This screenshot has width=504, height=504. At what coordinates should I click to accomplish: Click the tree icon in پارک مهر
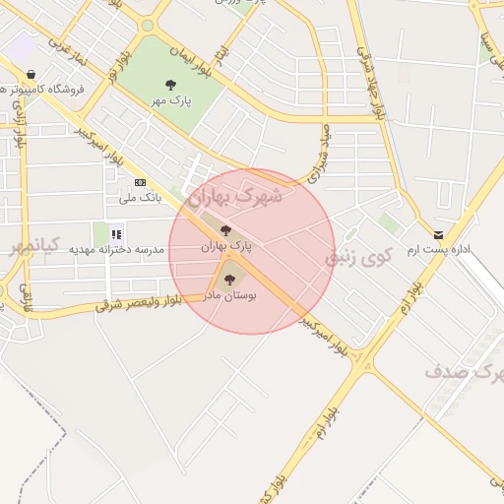[171, 84]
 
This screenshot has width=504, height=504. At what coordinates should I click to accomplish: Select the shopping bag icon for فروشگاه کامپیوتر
[32, 74]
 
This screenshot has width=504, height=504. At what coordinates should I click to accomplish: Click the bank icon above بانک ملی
[140, 182]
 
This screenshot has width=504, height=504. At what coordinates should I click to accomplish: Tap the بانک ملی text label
[140, 198]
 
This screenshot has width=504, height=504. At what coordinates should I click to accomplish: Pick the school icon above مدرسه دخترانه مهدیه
[116, 234]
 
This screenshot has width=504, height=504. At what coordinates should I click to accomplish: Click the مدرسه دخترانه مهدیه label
[116, 250]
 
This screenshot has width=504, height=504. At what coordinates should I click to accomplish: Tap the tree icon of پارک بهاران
[226, 230]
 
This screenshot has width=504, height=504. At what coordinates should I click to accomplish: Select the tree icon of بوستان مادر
[229, 280]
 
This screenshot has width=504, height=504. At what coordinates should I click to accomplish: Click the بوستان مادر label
[230, 294]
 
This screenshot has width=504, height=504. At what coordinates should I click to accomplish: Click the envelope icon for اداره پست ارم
[438, 235]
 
